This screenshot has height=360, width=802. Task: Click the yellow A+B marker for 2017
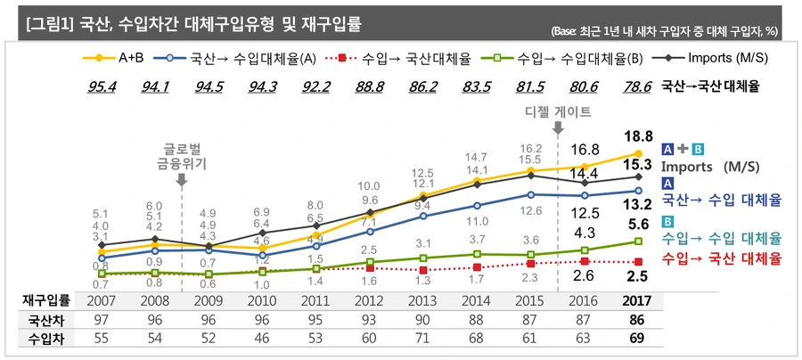click(638, 154)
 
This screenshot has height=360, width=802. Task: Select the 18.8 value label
click(638, 135)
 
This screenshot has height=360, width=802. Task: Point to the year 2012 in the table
click(370, 300)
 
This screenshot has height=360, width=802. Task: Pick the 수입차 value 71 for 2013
click(423, 340)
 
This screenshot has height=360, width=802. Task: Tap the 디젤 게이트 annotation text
click(558, 112)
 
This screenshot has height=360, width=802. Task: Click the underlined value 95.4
click(101, 87)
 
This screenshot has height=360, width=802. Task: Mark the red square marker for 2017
click(638, 262)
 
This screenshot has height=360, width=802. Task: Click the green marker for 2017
click(638, 241)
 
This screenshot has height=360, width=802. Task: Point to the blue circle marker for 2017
click(638, 191)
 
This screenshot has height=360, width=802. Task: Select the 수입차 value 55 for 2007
click(101, 340)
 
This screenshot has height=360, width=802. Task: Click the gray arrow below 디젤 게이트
click(558, 129)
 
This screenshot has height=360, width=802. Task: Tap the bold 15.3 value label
click(638, 166)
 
